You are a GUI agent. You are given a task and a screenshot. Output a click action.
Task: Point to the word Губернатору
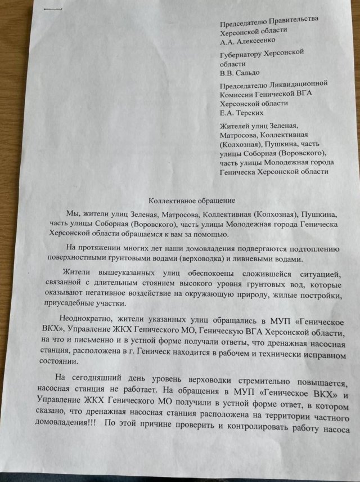pyautogui.click(x=246, y=52)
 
